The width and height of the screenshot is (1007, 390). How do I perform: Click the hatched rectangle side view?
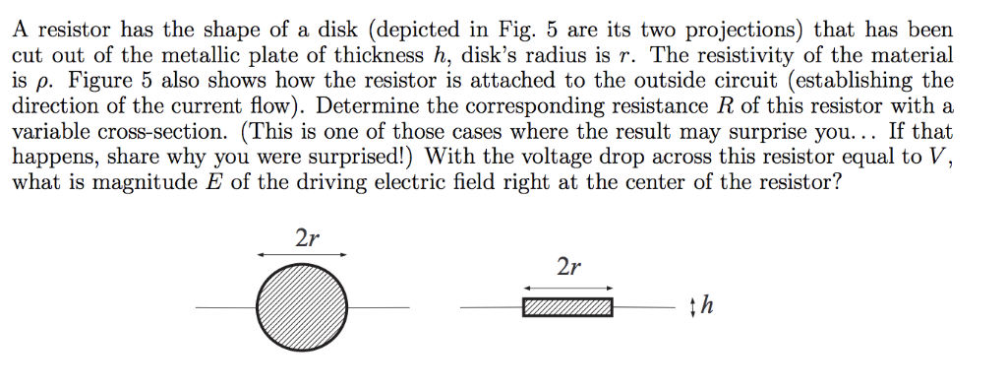[x=567, y=308]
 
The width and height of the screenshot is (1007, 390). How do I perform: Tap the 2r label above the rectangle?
[x=567, y=267]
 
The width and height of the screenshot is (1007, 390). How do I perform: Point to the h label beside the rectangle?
[x=708, y=307]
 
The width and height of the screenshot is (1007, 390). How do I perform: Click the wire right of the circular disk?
[x=379, y=308]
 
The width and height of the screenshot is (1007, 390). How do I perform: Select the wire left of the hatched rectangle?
[x=491, y=308]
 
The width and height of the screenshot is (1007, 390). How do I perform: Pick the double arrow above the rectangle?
[x=567, y=287]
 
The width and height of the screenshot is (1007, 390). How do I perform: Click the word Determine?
[x=361, y=106]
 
